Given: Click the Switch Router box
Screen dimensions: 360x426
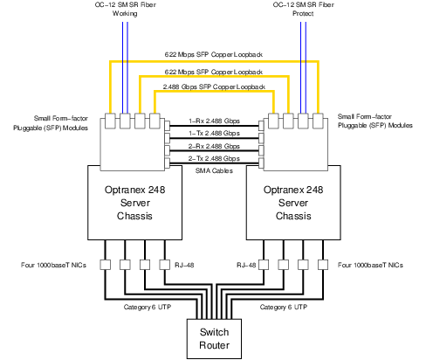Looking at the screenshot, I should pos(213,338).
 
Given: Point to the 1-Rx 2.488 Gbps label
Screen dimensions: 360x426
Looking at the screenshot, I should pos(214,122).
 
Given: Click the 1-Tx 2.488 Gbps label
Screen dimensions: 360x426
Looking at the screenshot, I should pos(214,133).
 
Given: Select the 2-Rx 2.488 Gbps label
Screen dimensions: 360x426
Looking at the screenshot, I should pos(214,145).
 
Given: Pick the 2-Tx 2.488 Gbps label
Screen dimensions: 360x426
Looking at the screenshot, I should pos(214,157).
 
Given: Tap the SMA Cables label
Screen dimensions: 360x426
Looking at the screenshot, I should pos(214,171).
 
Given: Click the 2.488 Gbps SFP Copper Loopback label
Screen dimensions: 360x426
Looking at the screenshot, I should pos(214,87).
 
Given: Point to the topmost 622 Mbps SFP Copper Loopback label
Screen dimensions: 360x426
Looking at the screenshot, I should pos(214,54).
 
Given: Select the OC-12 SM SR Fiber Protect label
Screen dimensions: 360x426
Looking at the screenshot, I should pos(303,8).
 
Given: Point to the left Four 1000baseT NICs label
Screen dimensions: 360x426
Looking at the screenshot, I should pos(49,262).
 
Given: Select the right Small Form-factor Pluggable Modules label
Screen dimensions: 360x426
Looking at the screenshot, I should pos(374,121).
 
